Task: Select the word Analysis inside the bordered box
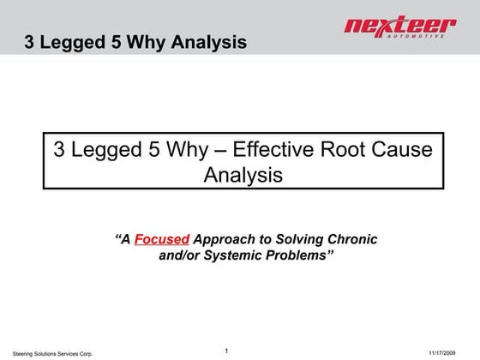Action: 243,175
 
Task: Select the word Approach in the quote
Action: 225,239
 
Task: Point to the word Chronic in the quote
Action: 354,239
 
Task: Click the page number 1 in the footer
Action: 225,351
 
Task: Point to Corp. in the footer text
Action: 84,353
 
